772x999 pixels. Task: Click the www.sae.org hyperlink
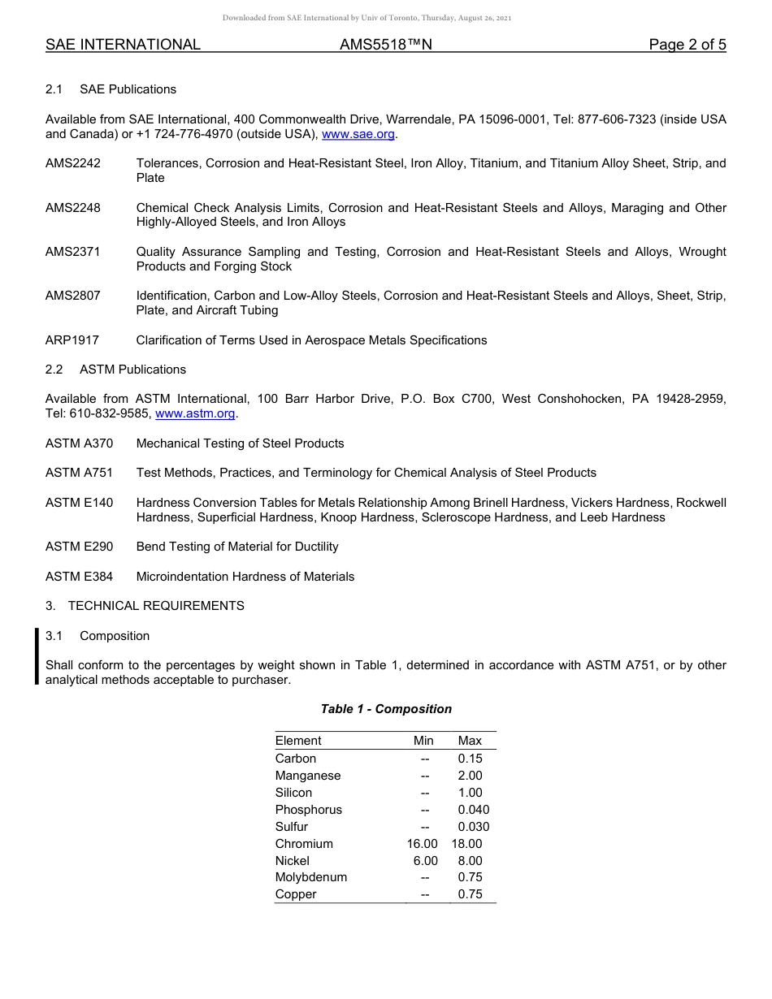click(x=358, y=134)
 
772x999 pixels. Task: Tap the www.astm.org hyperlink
click(x=195, y=413)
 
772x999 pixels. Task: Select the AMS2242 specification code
click(x=73, y=163)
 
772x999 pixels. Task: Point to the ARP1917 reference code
click(x=72, y=340)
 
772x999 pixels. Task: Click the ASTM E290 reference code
click(x=80, y=547)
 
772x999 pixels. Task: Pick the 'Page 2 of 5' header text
click(x=687, y=45)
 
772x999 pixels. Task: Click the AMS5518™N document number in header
click(x=386, y=45)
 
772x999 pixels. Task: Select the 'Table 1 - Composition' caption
click(x=386, y=709)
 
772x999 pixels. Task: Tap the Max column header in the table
click(x=470, y=741)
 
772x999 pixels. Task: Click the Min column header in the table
click(x=423, y=741)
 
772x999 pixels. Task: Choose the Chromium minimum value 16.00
click(x=423, y=844)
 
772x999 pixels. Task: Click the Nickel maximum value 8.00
click(x=470, y=861)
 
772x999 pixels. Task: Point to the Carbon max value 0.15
click(x=470, y=759)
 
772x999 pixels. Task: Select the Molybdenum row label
click(x=311, y=877)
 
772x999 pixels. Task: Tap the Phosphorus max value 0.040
click(x=474, y=810)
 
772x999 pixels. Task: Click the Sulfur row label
click(x=292, y=827)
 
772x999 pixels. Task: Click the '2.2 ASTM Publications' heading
click(x=115, y=370)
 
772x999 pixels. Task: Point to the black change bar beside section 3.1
click(x=37, y=657)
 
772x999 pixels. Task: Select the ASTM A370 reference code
click(x=80, y=443)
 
